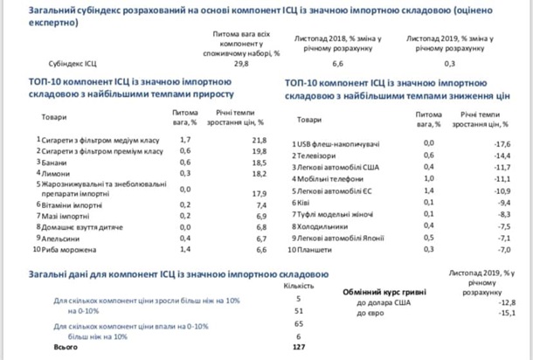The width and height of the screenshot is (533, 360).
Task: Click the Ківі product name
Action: (309, 201)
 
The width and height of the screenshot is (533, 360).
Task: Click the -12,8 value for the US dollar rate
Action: (504, 301)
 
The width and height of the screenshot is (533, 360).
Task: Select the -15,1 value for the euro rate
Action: (504, 312)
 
